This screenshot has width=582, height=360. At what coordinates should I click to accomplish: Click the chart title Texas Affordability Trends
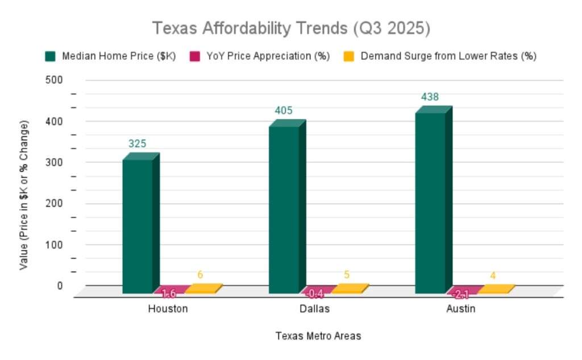pos(290,28)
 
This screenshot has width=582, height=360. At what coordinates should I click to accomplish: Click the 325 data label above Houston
pos(137,144)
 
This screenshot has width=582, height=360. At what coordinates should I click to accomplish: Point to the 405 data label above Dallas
pos(284,111)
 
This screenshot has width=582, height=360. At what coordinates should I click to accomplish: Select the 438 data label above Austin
pos(430,97)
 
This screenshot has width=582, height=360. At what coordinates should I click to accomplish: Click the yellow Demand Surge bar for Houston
pos(202,289)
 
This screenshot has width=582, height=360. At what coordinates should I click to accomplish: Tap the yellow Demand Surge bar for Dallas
pos(349,289)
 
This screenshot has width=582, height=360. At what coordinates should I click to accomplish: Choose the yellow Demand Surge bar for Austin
pos(496,289)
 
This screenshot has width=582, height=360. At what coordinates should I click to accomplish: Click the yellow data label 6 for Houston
pos(200,275)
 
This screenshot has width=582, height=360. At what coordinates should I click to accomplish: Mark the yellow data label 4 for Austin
pos(493,276)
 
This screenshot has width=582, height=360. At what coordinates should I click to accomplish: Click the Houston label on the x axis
pos(168,309)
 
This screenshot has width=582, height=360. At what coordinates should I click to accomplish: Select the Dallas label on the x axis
pos(314,309)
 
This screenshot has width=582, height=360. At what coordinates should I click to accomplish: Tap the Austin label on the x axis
pos(460,309)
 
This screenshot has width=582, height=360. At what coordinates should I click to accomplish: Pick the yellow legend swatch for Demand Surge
pos(350,56)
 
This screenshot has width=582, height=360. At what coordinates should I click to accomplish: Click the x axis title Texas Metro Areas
pos(318,336)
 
